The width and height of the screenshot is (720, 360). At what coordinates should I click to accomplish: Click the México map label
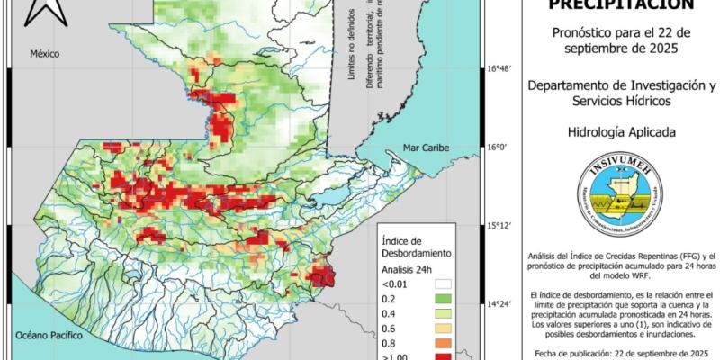pos(44,54)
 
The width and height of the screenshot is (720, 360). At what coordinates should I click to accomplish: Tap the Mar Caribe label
pos(424,146)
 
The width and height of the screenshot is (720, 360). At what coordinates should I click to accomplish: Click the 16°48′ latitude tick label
pos(499,68)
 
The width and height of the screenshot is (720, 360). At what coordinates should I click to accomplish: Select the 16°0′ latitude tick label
pos(498,147)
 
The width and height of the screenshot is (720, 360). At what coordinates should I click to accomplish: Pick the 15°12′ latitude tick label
pos(499,226)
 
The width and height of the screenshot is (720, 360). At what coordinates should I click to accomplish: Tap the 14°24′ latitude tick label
pos(499,304)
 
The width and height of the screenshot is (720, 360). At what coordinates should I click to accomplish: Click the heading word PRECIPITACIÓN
pos(620,4)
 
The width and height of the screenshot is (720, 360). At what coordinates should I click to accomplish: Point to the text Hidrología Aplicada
pos(620,132)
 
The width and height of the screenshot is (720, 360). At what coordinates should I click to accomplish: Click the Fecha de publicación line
pos(620,353)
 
